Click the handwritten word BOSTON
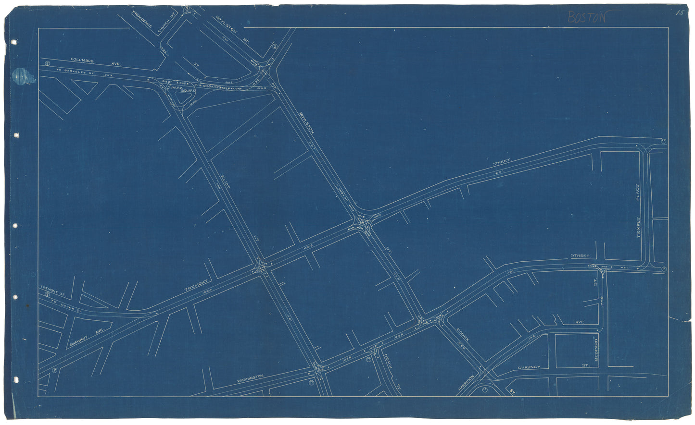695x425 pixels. pyautogui.click(x=586, y=17)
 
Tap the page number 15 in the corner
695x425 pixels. pyautogui.click(x=678, y=13)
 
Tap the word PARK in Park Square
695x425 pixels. pyautogui.click(x=175, y=88)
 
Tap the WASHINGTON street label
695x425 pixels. pyautogui.click(x=250, y=378)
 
